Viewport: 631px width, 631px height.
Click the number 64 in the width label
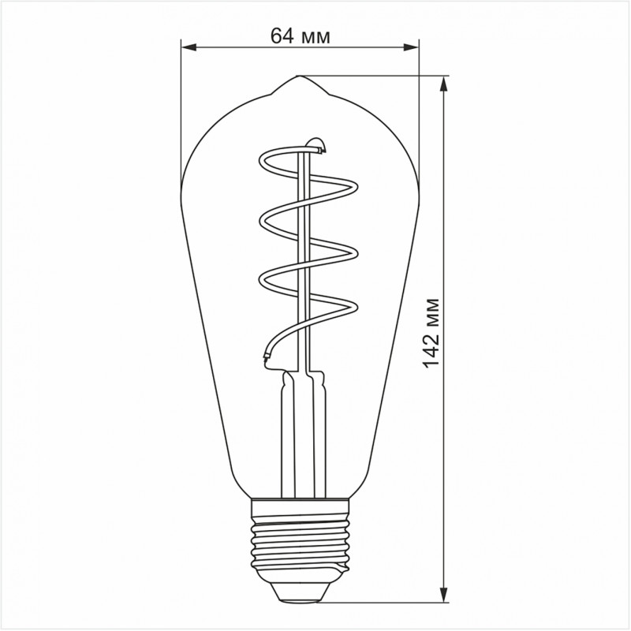(x=282, y=35)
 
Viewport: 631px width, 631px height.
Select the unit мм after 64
(x=315, y=35)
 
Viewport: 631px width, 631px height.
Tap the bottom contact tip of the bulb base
(x=299, y=594)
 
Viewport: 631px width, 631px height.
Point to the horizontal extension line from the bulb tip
(x=371, y=76)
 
